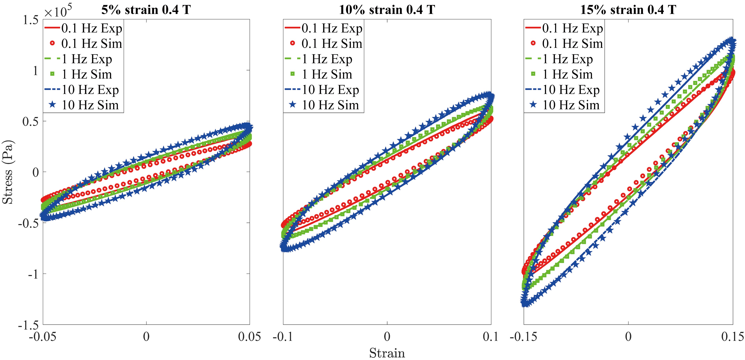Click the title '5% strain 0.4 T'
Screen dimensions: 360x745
click(x=146, y=10)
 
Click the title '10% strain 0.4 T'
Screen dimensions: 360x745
click(x=387, y=10)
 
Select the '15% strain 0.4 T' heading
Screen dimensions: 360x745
click(x=628, y=10)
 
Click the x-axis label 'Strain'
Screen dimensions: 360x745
click(x=387, y=353)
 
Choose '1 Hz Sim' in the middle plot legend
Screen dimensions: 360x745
click(x=327, y=74)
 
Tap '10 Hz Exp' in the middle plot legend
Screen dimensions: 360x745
click(x=330, y=90)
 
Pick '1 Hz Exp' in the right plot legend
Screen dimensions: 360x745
click(x=567, y=59)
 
